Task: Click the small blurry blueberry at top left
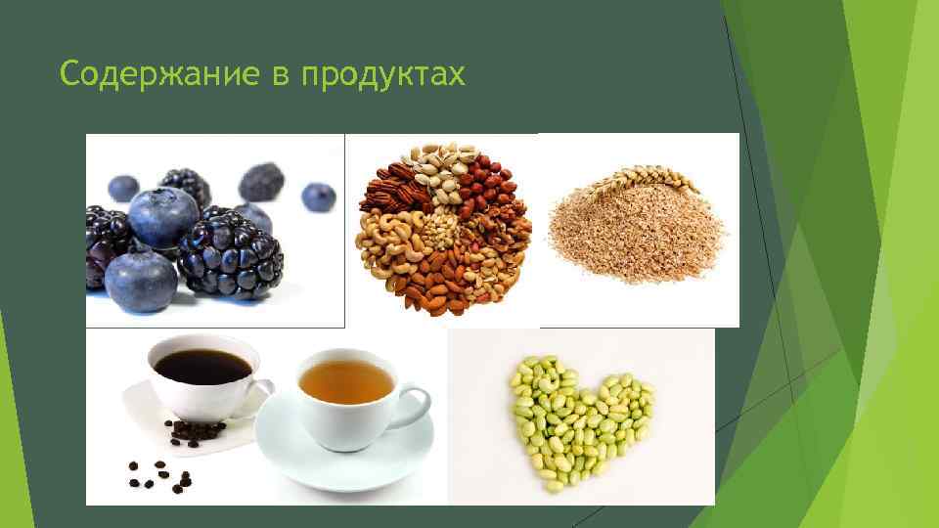(x=123, y=187)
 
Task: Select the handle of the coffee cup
(x=262, y=391)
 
